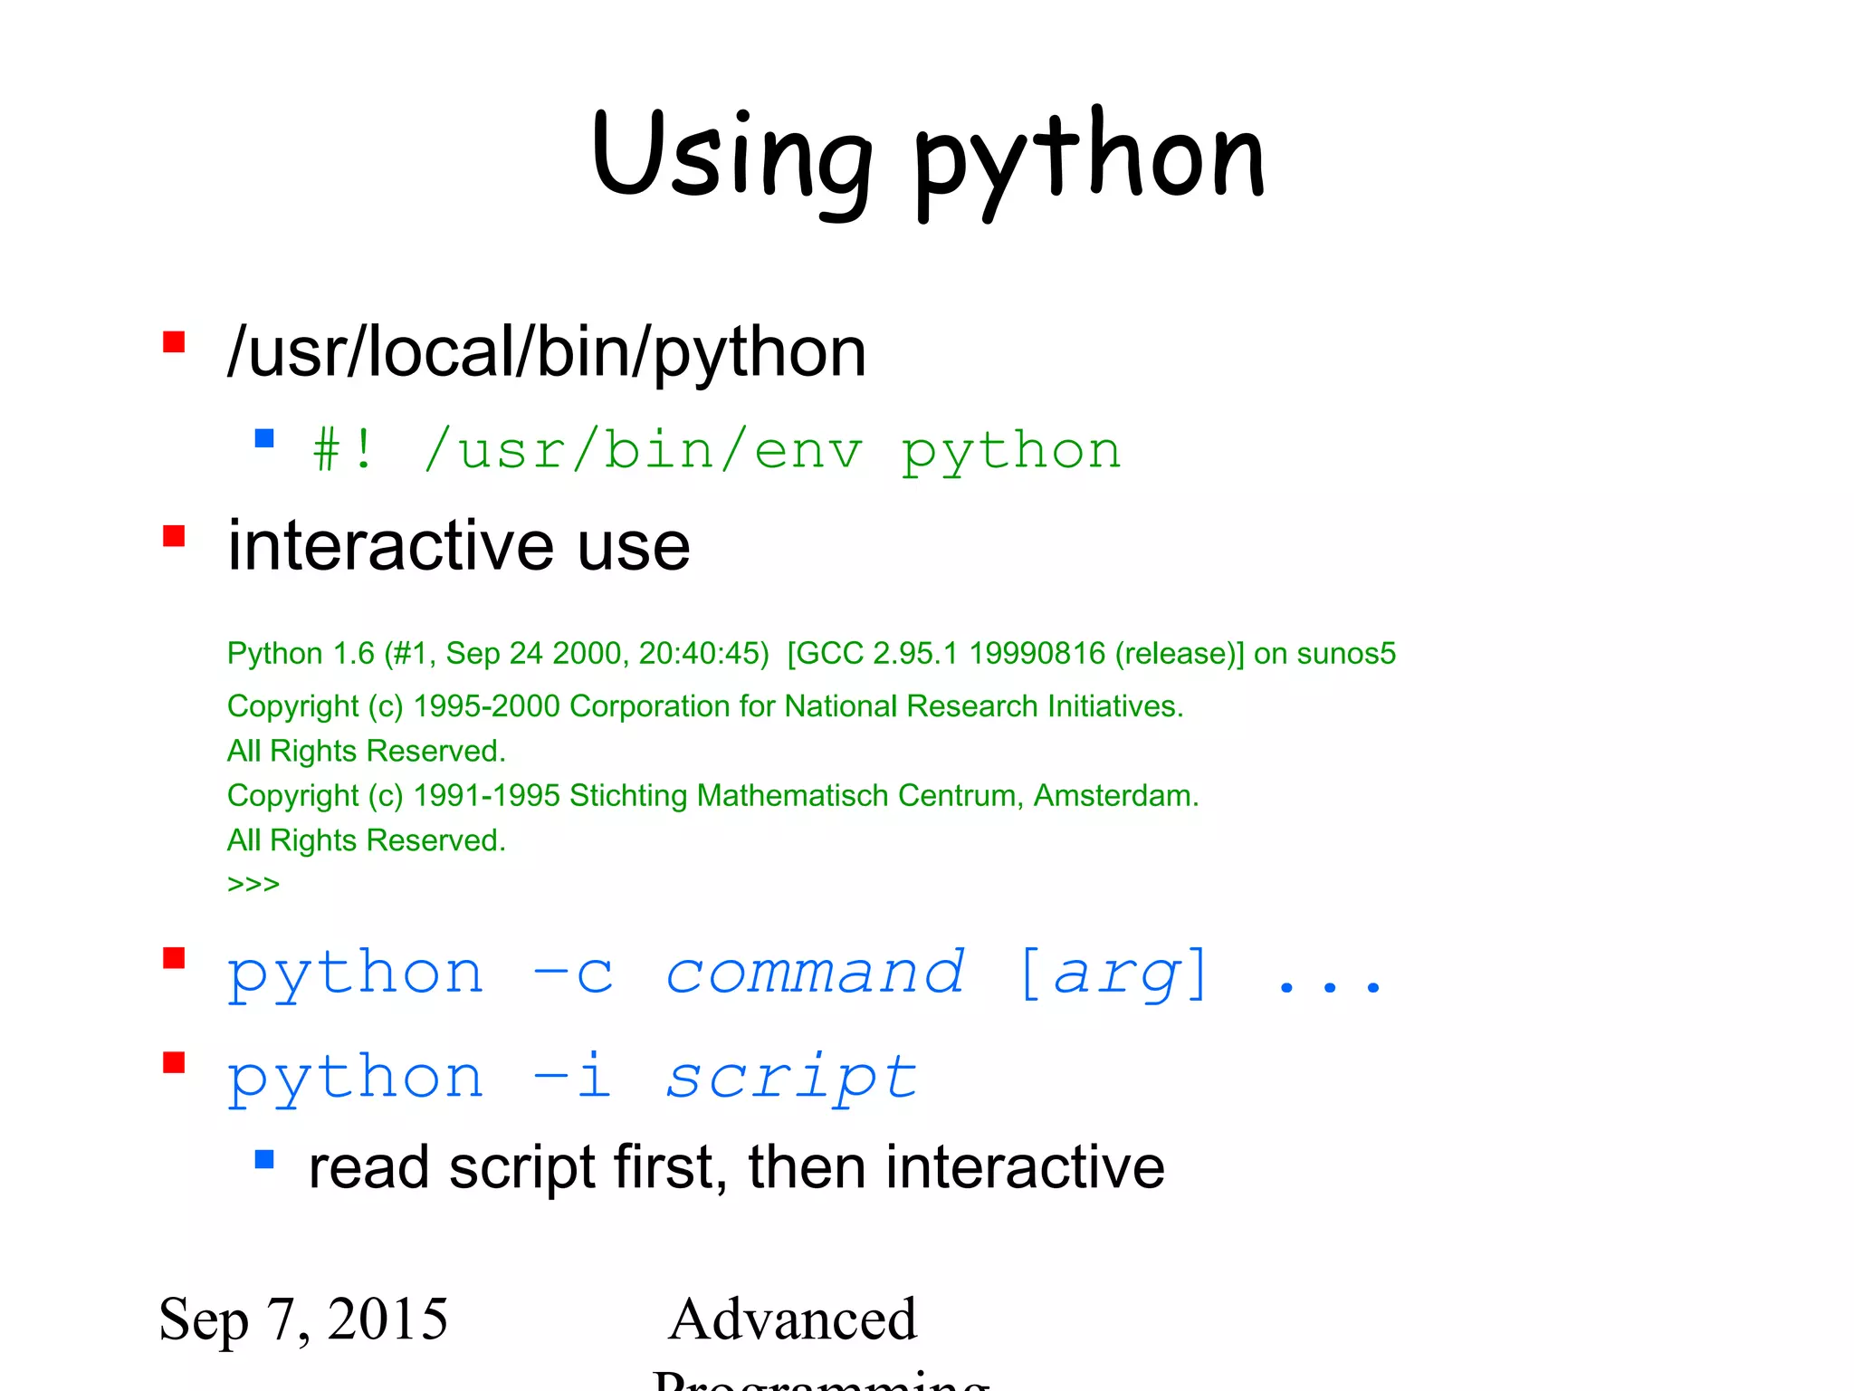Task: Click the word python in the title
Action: (1089, 159)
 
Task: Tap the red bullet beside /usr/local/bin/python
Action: (174, 342)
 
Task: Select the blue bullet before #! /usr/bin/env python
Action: (264, 439)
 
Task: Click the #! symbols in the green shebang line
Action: (343, 450)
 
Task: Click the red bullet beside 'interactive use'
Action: (174, 536)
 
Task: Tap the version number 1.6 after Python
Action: (354, 653)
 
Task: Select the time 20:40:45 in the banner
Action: (703, 653)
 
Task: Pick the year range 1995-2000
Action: (486, 706)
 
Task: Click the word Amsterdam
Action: (1115, 796)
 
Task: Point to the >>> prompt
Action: (253, 883)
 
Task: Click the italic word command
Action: (815, 974)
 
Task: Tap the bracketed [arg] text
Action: (1113, 974)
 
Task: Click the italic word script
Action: (791, 1078)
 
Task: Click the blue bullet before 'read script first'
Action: (264, 1159)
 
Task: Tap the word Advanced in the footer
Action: (793, 1319)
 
